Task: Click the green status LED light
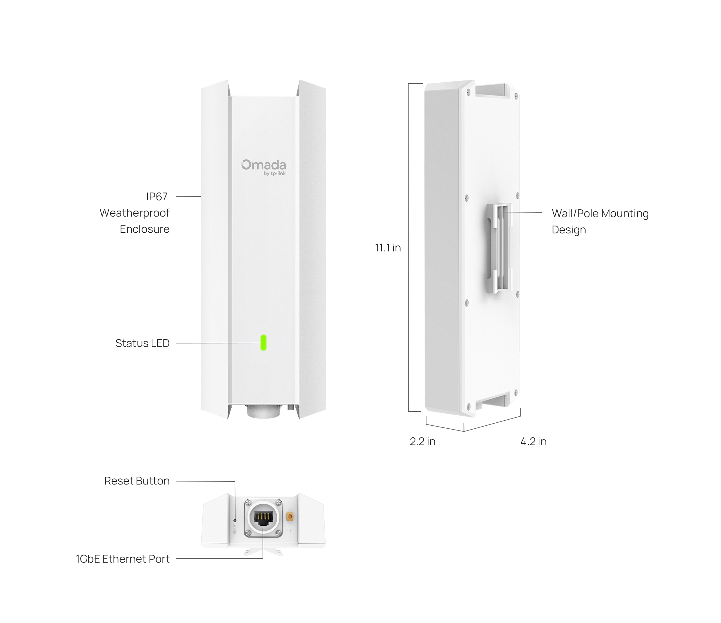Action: coord(263,343)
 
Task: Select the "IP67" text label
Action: coord(157,196)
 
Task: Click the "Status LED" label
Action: coord(142,343)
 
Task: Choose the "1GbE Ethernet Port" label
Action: coord(123,559)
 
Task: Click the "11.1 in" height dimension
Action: coord(388,248)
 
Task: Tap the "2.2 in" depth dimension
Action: coord(422,442)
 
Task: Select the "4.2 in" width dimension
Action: coord(534,442)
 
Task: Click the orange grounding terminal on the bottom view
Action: coord(290,517)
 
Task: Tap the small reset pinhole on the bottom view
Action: coord(235,521)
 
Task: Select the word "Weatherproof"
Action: coord(134,213)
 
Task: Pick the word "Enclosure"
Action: coord(145,229)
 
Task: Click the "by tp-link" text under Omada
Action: coord(275,174)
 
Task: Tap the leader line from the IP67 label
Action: coord(188,196)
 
